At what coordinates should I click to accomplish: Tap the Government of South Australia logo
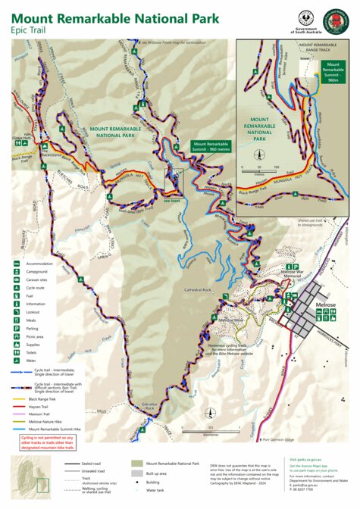[307, 17]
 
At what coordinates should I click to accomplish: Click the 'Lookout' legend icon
[16, 313]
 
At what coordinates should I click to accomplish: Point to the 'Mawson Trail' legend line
[16, 414]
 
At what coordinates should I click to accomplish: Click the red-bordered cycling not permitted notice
[47, 442]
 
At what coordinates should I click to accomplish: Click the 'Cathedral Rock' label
[198, 290]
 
